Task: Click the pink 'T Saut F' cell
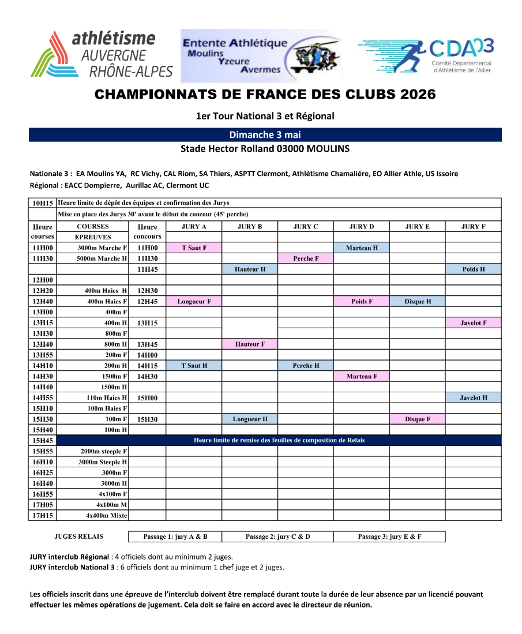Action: [x=194, y=248]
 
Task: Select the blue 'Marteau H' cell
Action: [x=362, y=248]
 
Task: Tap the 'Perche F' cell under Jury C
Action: [x=306, y=258]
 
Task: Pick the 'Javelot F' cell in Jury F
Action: [x=473, y=323]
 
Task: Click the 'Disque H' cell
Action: [x=418, y=302]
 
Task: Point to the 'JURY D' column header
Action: [x=362, y=227]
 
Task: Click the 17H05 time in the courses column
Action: [x=43, y=505]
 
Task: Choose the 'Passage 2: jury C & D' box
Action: [x=277, y=537]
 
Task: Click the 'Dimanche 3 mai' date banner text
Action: [x=265, y=135]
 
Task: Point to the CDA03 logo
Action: [x=426, y=57]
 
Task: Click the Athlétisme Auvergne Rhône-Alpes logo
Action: [x=102, y=55]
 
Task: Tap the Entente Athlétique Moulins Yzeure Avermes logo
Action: [x=261, y=56]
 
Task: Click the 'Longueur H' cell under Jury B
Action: [x=250, y=419]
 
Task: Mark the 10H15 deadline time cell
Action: [x=43, y=203]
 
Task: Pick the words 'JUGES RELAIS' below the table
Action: [x=78, y=537]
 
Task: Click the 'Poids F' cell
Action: [x=362, y=302]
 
